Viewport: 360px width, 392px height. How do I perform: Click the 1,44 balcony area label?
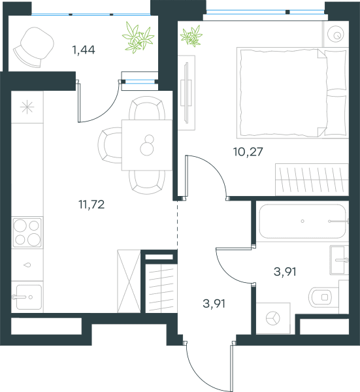[x=84, y=50]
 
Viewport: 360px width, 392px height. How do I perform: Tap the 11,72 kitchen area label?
[x=91, y=204]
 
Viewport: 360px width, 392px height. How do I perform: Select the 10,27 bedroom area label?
[x=248, y=152]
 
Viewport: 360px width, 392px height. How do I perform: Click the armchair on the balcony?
[x=33, y=47]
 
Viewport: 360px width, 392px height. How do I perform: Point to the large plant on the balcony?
[x=138, y=37]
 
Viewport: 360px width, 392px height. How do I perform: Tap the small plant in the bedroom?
[x=191, y=36]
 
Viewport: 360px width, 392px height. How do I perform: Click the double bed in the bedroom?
[x=293, y=93]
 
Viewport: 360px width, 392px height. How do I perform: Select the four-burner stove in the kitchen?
[x=27, y=233]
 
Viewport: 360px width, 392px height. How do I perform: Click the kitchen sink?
[x=27, y=297]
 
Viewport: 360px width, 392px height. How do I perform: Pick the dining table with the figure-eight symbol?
[x=147, y=145]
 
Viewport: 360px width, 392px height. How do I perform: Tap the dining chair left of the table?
[x=110, y=145]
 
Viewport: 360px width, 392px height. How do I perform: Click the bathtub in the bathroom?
[x=303, y=221]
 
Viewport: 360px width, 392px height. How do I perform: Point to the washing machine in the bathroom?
[x=273, y=318]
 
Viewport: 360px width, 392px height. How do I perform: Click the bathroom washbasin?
[x=339, y=260]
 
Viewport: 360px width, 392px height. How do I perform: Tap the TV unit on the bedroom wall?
[x=186, y=93]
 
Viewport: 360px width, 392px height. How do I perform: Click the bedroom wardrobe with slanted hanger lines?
[x=312, y=180]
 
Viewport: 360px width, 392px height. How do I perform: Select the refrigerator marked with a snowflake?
[x=27, y=107]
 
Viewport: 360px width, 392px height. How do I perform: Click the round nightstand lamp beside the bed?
[x=336, y=34]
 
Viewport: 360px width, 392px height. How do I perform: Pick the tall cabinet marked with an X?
[x=129, y=281]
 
